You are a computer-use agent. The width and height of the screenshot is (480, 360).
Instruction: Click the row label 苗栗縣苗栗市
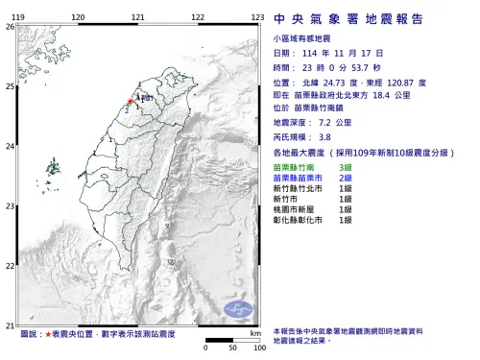[300, 178]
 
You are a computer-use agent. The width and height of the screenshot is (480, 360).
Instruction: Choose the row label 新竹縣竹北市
[300, 188]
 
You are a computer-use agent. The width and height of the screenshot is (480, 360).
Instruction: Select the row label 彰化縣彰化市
[300, 220]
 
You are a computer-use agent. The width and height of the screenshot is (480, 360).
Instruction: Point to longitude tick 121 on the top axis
[138, 18]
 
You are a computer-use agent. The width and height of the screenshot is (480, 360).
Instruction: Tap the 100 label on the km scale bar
[258, 348]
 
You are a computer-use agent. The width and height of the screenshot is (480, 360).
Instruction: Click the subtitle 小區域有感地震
[300, 40]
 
